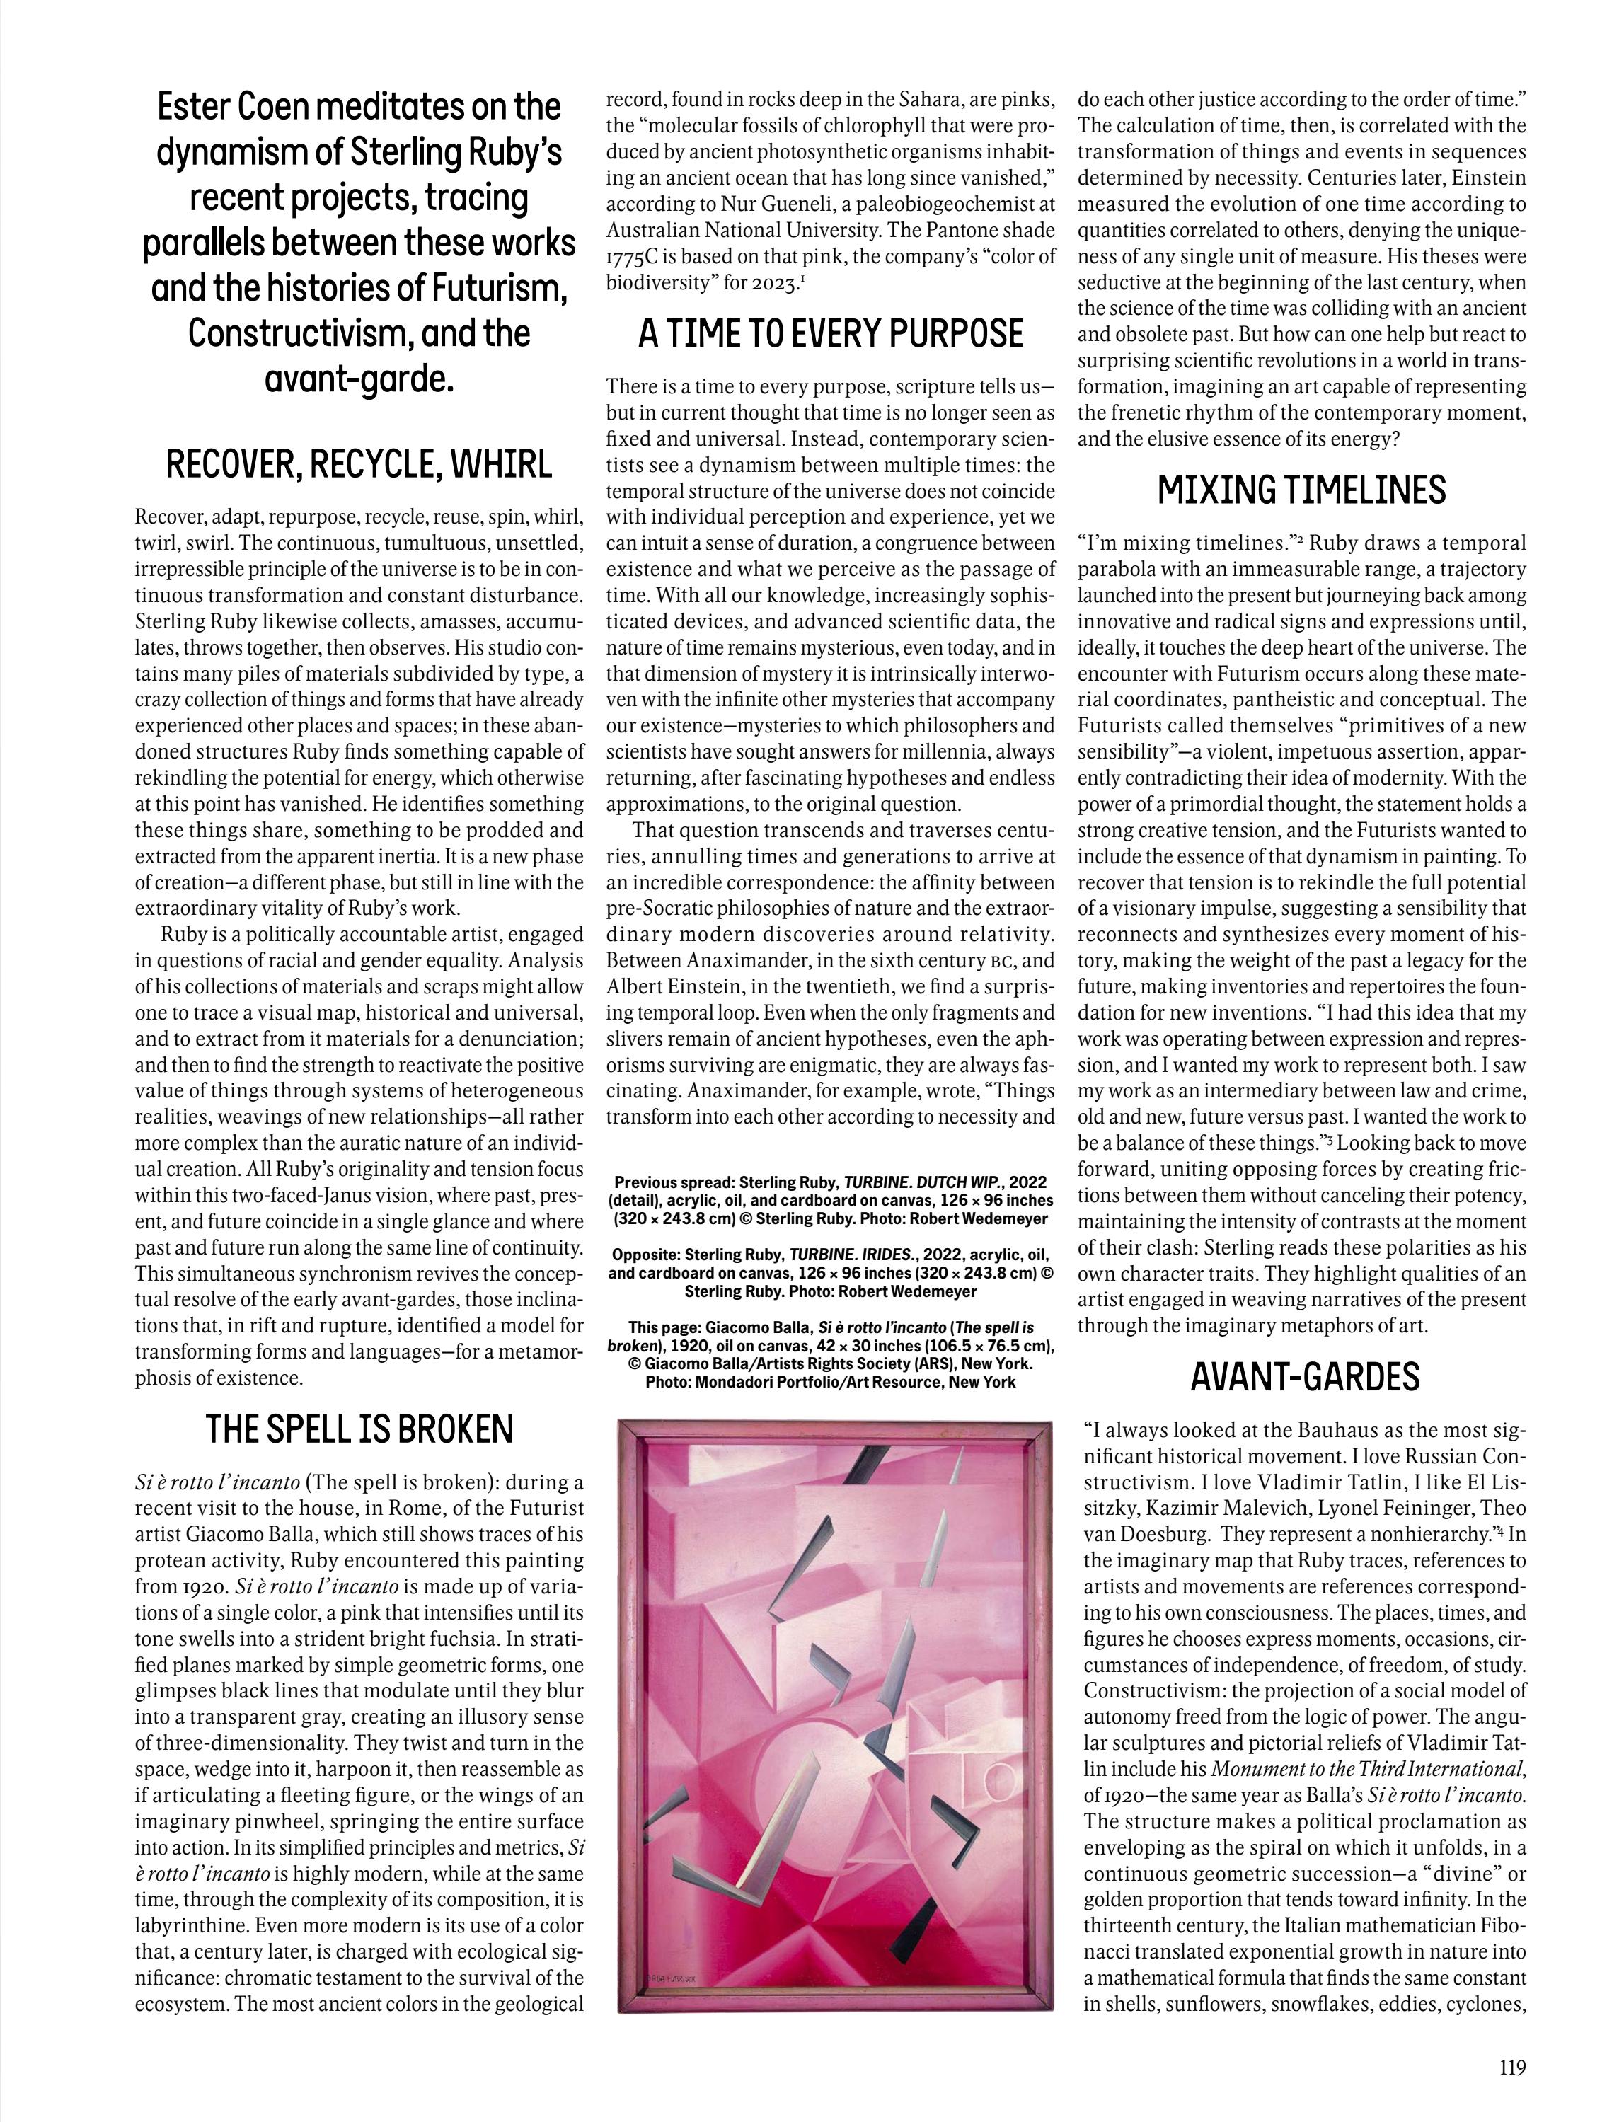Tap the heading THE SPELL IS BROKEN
pyautogui.click(x=359, y=1429)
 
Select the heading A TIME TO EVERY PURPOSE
pyautogui.click(x=831, y=333)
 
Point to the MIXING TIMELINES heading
pyautogui.click(x=1301, y=490)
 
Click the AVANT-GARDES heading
pyautogui.click(x=1304, y=1377)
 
